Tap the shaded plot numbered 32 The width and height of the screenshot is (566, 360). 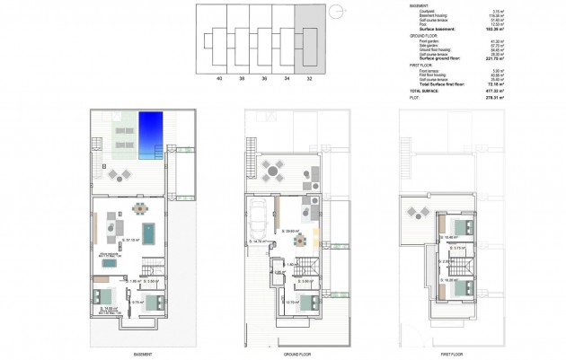tap(309, 39)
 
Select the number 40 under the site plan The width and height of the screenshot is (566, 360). tap(219, 79)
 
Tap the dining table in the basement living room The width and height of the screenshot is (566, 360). tap(139, 209)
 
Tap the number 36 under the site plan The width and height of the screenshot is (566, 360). tap(264, 79)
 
